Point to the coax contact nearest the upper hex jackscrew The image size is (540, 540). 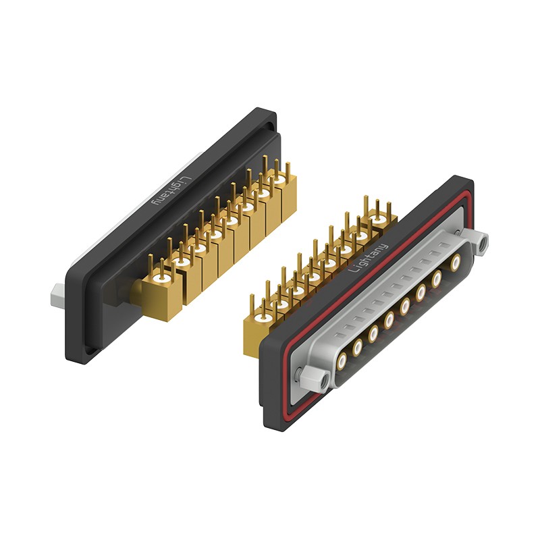pos(456,263)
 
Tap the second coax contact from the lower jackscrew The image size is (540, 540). pos(358,347)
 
